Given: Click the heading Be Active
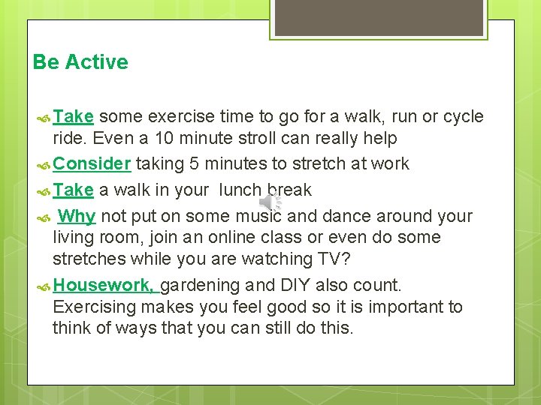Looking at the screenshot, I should (80, 62).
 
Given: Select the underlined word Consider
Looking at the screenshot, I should (93, 163).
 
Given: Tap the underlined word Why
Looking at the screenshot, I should (77, 216).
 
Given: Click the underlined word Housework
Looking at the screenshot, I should (104, 285).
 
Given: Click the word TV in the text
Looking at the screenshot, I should (334, 259).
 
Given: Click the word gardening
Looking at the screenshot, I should (199, 285).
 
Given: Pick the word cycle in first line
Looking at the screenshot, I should (462, 116).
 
